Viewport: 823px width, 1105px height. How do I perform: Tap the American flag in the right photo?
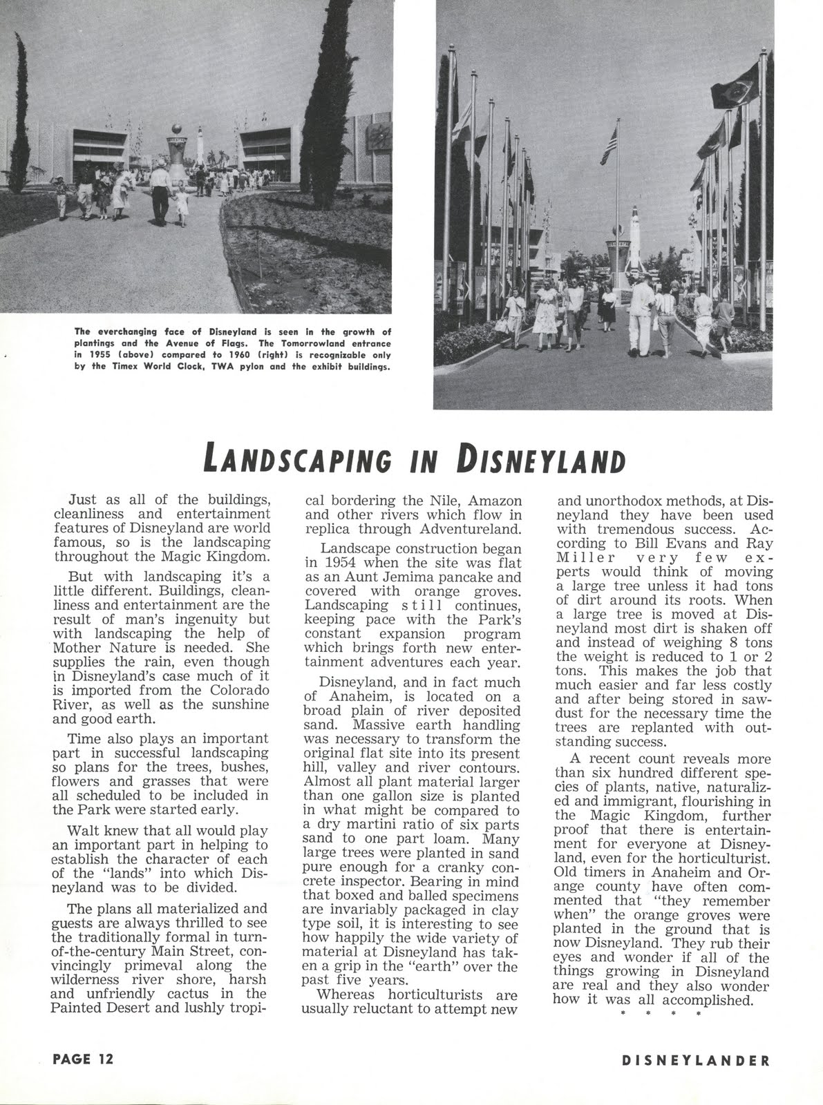pyautogui.click(x=609, y=146)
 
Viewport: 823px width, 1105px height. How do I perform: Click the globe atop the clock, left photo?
pyautogui.click(x=178, y=128)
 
